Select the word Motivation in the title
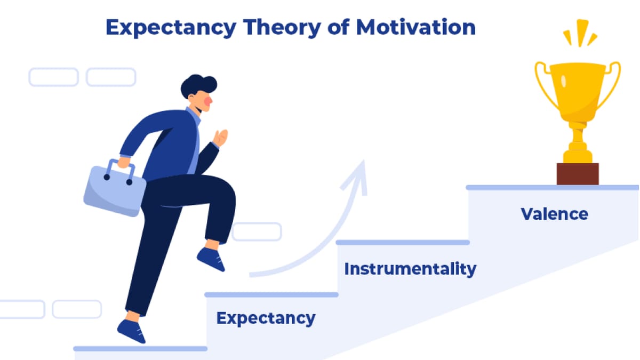point(415,27)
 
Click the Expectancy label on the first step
point(266,318)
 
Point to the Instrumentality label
point(410,268)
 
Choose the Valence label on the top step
point(554,214)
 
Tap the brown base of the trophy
point(578,174)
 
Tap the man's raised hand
point(220,138)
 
